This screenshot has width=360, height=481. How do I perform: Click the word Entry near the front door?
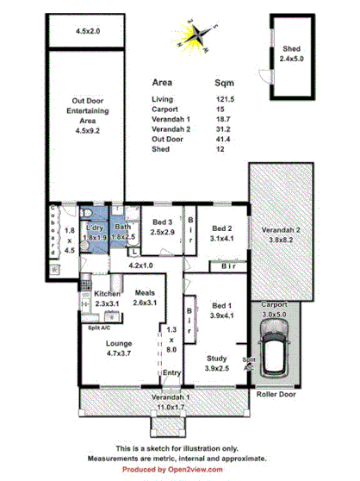point(171,372)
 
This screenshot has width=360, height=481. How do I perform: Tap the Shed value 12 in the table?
point(220,148)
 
